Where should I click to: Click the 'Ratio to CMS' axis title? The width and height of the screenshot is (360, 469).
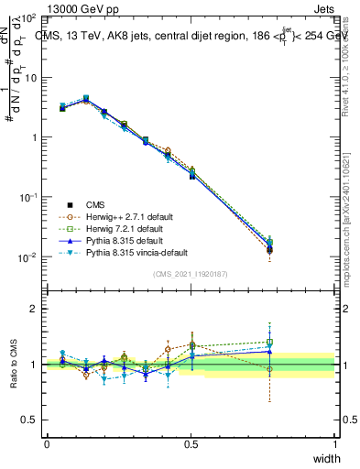15,364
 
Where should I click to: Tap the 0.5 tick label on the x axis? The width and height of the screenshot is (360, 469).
191,444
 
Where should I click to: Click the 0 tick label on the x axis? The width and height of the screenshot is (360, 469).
47,444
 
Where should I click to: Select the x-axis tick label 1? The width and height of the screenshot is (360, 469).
334,444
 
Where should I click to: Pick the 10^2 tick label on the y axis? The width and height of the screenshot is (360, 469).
28,18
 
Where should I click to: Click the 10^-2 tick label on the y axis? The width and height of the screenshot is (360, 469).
28,257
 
